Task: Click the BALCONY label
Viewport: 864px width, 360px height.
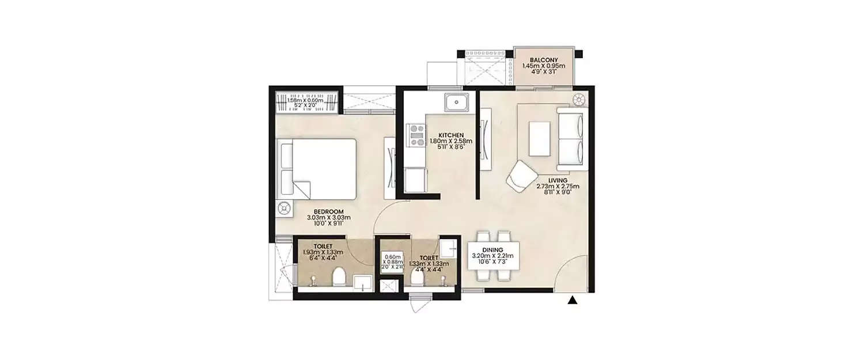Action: click(543, 59)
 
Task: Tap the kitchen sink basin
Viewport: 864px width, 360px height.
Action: click(456, 103)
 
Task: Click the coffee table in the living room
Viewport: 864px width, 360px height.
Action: click(540, 139)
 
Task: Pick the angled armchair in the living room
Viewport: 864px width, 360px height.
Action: click(522, 176)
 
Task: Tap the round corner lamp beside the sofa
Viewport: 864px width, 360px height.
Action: click(579, 98)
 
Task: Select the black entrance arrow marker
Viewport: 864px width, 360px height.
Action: click(572, 300)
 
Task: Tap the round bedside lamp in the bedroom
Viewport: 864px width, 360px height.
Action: click(284, 210)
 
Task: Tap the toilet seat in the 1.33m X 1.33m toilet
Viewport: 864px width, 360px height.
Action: click(418, 278)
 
